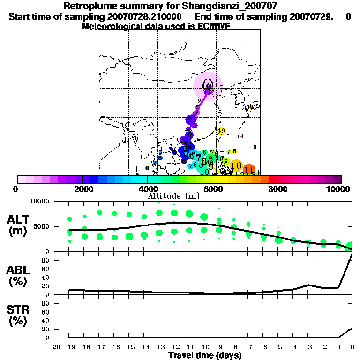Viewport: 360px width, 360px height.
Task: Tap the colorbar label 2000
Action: pyautogui.click(x=82, y=189)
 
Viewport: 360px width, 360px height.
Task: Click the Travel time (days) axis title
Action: pyautogui.click(x=205, y=355)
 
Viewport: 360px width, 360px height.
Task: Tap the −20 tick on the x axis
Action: pyautogui.click(x=55, y=347)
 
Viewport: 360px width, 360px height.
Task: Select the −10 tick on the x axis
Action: pyautogui.click(x=203, y=347)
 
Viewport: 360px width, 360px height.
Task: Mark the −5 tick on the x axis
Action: pyautogui.click(x=278, y=347)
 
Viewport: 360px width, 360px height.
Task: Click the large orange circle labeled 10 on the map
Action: pyautogui.click(x=236, y=165)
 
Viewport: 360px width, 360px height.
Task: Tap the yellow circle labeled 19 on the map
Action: pyautogui.click(x=221, y=131)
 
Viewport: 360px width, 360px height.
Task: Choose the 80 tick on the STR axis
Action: pyautogui.click(x=46, y=303)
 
